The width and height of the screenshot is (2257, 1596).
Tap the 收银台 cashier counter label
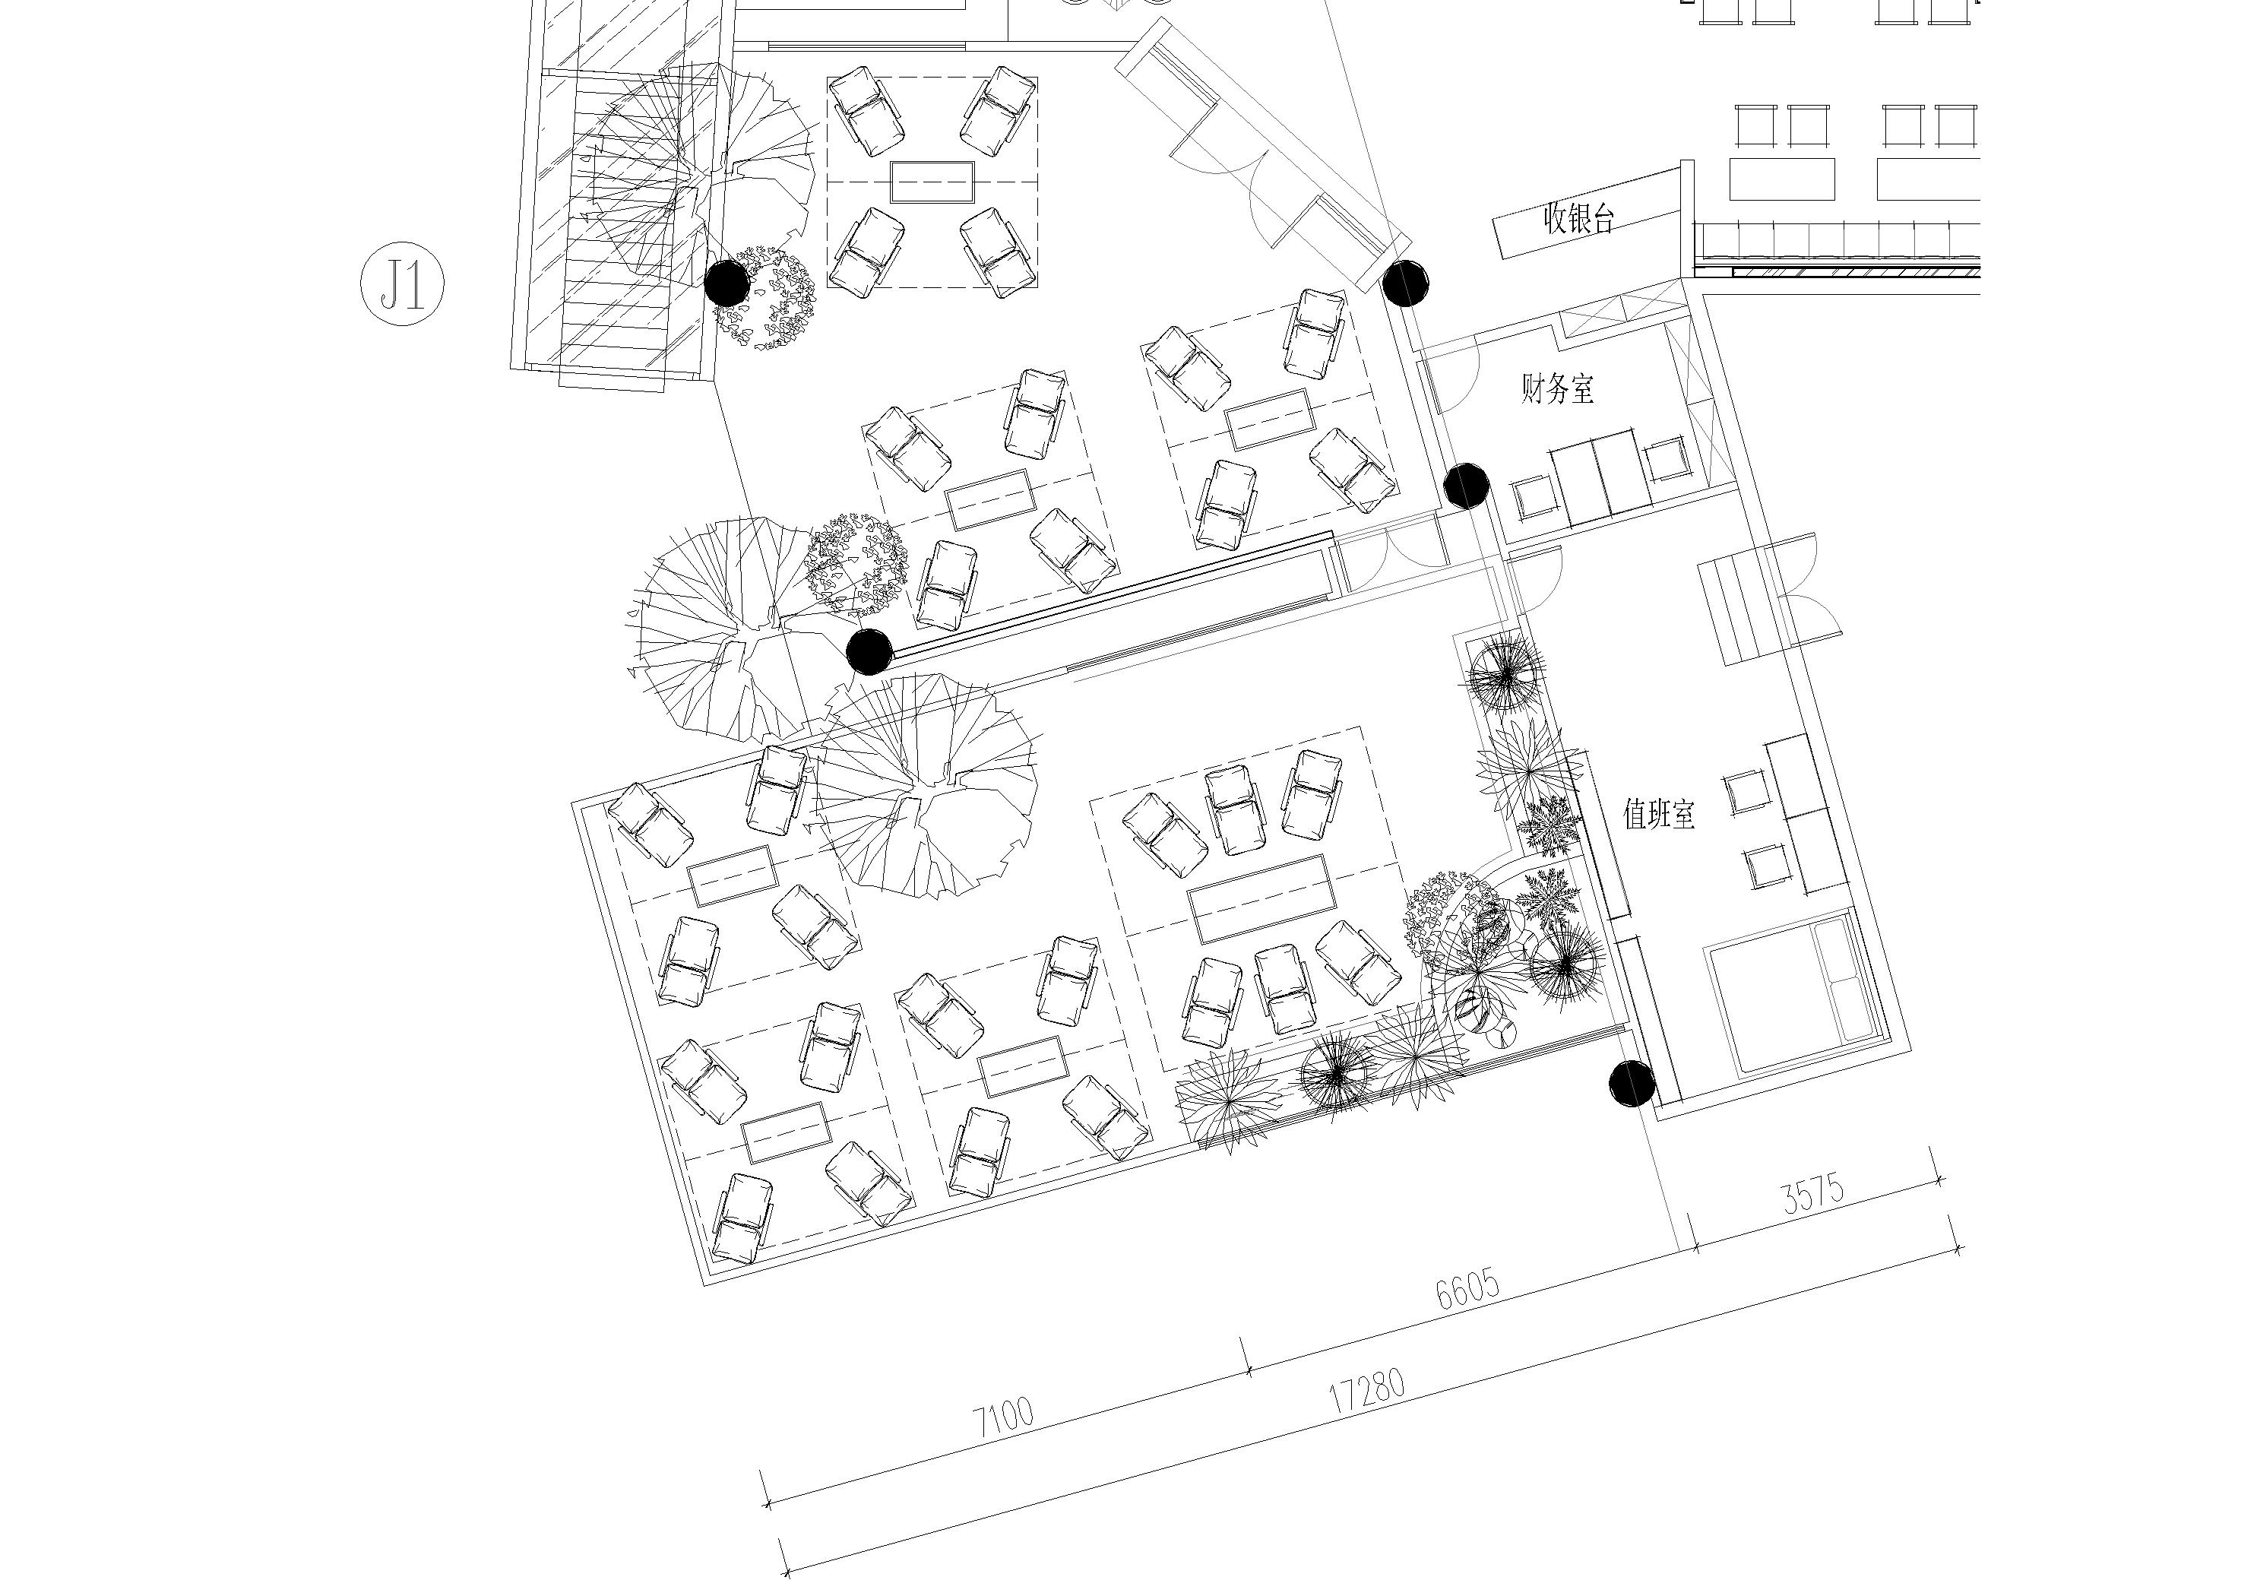[1578, 218]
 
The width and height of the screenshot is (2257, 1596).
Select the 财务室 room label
[1557, 388]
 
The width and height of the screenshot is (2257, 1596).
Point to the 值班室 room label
[1658, 814]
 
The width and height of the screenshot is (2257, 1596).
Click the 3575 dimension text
[1814, 1194]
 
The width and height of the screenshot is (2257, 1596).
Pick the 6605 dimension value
[1467, 1290]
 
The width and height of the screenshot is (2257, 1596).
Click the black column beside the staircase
[726, 283]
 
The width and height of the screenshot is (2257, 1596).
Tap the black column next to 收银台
[1404, 283]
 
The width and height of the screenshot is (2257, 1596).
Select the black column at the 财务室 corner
[1466, 486]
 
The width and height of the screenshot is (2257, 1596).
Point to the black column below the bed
[1632, 1084]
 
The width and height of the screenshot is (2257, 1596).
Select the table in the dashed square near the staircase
[932, 182]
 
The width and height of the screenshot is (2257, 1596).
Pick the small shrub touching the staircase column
[768, 297]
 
